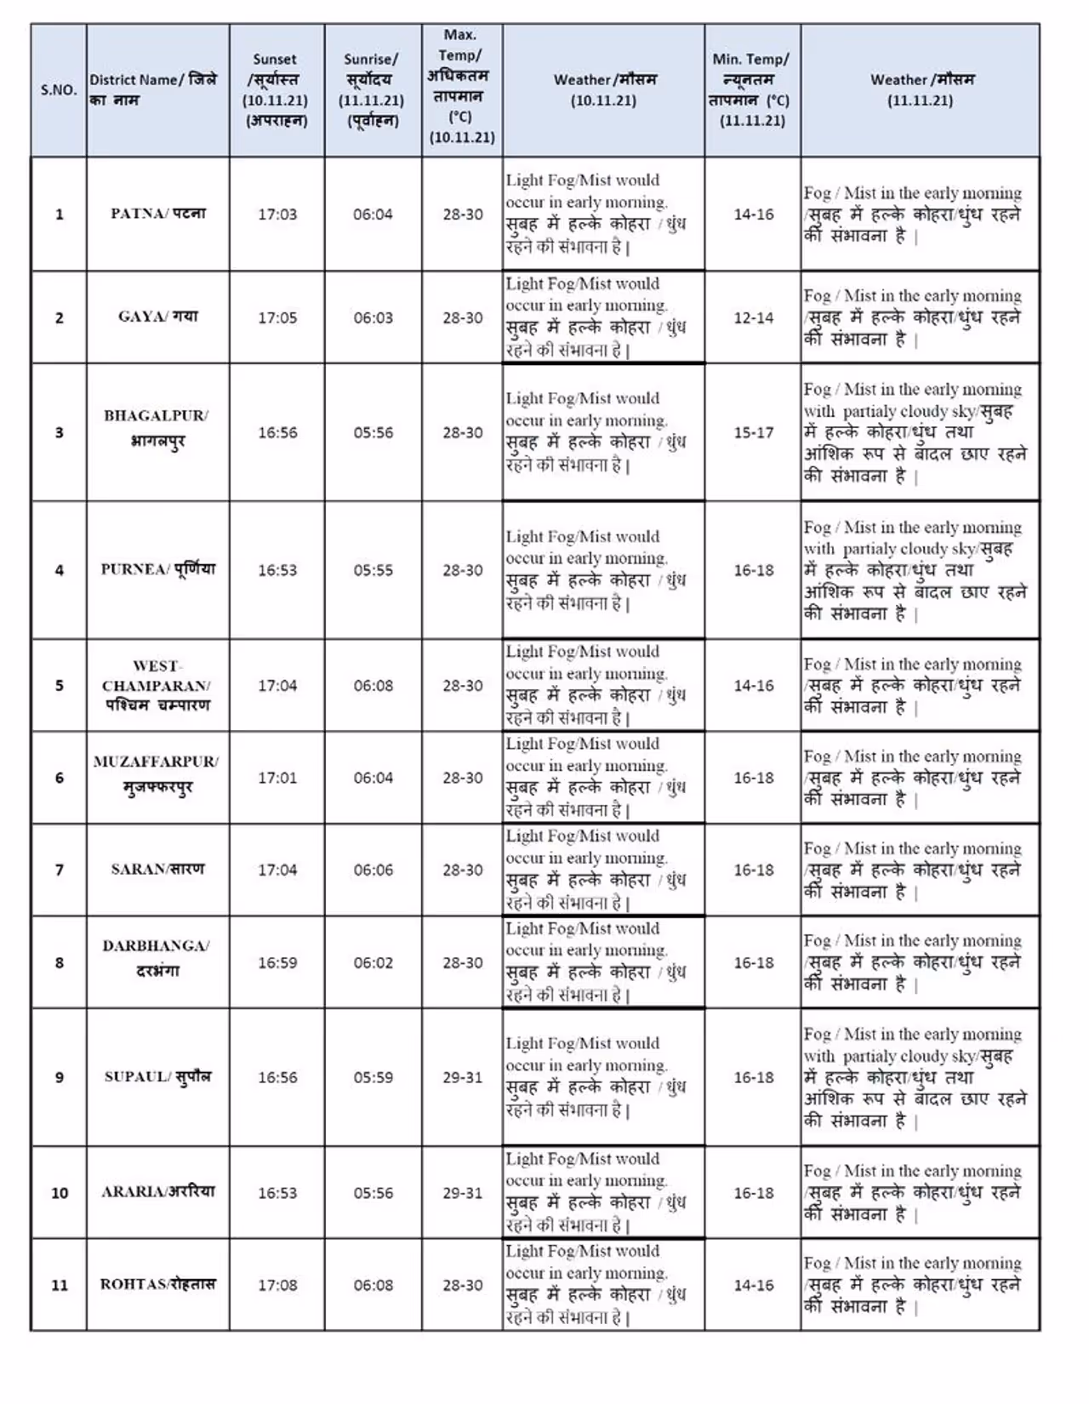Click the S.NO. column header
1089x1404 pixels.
(59, 90)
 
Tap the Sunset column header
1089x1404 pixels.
(277, 90)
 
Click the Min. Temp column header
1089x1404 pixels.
(752, 90)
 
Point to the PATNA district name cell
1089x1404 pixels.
(157, 214)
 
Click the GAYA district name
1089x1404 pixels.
(157, 317)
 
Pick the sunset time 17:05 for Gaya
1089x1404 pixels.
(277, 318)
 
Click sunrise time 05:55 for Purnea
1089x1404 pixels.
(373, 570)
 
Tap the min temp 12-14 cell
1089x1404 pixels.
(754, 318)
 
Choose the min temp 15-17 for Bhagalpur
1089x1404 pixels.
(754, 432)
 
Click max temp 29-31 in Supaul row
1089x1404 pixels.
(462, 1077)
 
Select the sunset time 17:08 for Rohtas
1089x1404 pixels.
(277, 1285)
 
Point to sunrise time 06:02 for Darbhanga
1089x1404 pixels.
(373, 962)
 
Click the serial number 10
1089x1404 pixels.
(60, 1193)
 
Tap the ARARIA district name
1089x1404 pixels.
(157, 1191)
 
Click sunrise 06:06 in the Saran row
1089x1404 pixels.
(373, 870)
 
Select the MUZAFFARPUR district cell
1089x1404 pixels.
(157, 773)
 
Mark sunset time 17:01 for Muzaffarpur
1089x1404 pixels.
(277, 778)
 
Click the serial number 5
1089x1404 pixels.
(60, 686)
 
